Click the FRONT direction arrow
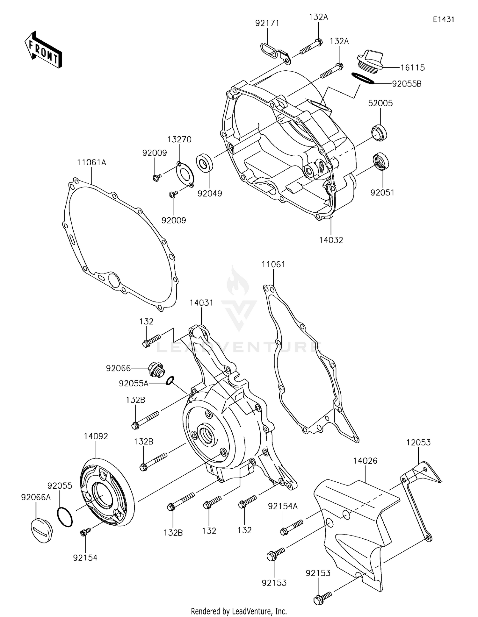[x=43, y=50]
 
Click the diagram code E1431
[x=443, y=19]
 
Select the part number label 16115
[x=412, y=67]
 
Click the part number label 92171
[x=267, y=23]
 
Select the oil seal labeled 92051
[x=381, y=161]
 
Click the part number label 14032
[x=331, y=240]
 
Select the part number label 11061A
[x=91, y=162]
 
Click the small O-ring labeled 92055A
[x=170, y=380]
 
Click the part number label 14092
[x=96, y=436]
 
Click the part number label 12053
[x=418, y=443]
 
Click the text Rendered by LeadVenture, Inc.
[x=239, y=611]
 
